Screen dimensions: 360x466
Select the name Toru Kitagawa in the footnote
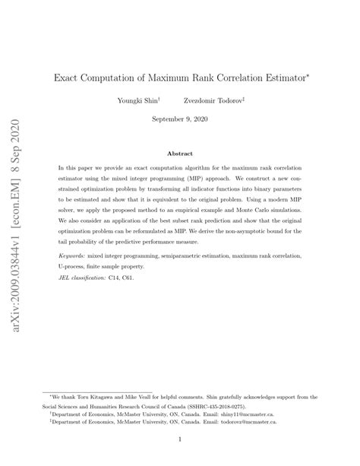(96, 386)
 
